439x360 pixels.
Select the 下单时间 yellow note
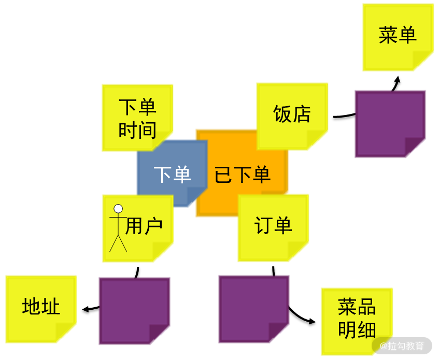(137, 118)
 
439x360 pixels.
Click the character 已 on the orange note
(223, 175)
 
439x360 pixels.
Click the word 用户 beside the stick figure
(145, 226)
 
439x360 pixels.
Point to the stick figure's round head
(118, 209)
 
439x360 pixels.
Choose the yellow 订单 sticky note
(273, 227)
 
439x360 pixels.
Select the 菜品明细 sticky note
(357, 319)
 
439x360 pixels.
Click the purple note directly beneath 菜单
(390, 123)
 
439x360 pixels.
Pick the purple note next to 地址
(134, 310)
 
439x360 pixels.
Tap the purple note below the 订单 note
(253, 308)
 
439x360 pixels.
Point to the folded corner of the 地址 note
(67, 333)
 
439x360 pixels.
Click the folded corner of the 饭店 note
(318, 140)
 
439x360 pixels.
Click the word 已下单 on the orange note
(243, 175)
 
